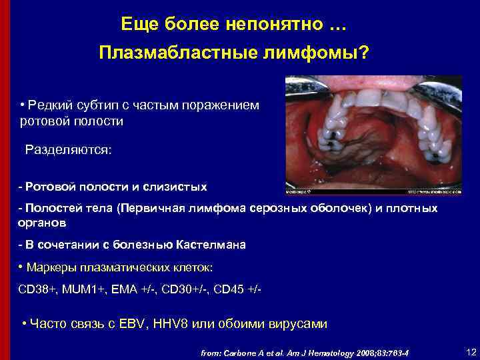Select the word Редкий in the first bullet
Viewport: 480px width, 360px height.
point(48,106)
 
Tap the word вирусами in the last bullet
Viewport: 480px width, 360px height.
point(297,325)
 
